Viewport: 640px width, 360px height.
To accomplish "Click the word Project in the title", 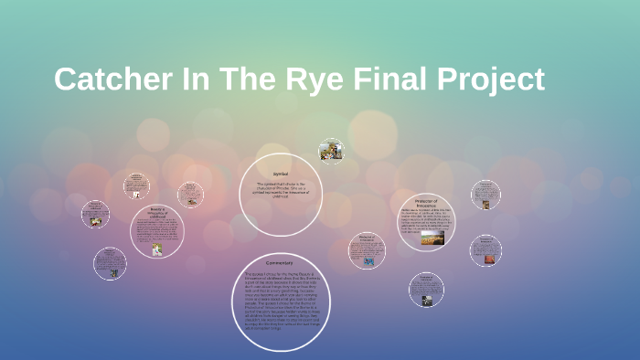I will pos(490,79).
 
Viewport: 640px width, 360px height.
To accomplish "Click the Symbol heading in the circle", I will pos(281,174).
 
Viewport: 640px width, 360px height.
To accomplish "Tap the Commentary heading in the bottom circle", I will pos(281,264).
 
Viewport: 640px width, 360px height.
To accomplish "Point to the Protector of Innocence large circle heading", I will pos(427,202).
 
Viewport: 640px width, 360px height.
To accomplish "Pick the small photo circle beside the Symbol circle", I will pos(331,152).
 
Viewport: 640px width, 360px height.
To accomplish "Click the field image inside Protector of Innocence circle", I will pos(432,238).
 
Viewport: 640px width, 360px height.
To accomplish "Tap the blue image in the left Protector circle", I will pos(369,261).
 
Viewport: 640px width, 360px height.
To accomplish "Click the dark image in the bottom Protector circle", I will pos(425,296).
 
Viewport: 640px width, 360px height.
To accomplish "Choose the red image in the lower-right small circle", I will pos(485,259).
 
